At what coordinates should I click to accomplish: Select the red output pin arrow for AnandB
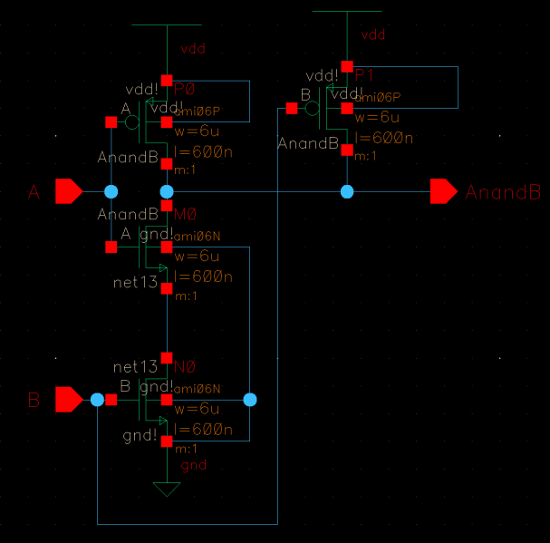pos(443,191)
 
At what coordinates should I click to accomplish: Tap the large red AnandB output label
pos(503,192)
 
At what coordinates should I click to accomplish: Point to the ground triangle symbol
pos(166,490)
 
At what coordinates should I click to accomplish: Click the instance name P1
pos(364,73)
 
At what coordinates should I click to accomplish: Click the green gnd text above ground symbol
pos(194,465)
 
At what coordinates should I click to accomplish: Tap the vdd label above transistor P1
pos(373,35)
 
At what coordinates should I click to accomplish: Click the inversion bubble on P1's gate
pos(313,109)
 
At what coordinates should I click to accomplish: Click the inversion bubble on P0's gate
pos(132,121)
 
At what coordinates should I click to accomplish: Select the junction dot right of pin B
pos(97,399)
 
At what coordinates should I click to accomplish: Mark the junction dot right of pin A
pos(111,191)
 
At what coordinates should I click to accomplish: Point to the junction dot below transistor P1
pos(347,191)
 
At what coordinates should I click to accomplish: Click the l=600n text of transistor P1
pos(384,138)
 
